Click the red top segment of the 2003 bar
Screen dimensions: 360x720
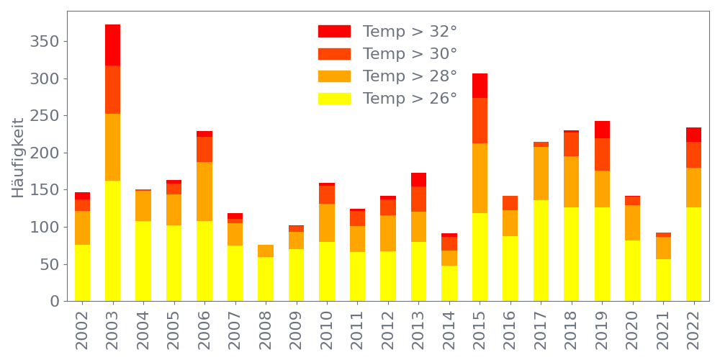[x=112, y=45]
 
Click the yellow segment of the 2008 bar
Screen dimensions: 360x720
[x=266, y=279]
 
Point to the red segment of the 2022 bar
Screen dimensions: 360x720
[x=694, y=135]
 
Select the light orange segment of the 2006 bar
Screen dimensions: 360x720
[x=204, y=192]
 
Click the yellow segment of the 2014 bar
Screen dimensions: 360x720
[x=449, y=283]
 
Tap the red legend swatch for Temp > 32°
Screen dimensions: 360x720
[x=334, y=32]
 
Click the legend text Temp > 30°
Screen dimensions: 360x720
[x=410, y=54]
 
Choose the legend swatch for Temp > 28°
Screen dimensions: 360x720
[x=334, y=76]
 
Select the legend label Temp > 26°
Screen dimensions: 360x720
[x=410, y=99]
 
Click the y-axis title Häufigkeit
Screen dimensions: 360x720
[x=18, y=158]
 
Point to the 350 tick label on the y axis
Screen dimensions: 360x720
[x=44, y=42]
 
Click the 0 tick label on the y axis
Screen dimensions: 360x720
[x=54, y=301]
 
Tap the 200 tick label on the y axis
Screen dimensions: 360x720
[x=44, y=153]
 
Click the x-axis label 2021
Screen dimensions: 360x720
[x=664, y=327]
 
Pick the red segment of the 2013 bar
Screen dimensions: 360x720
[x=419, y=179]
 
